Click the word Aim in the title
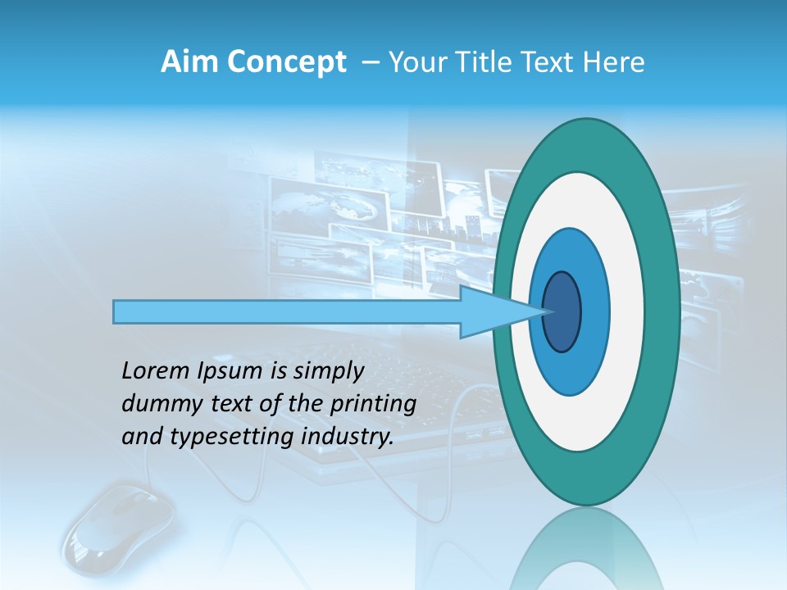pyautogui.click(x=184, y=61)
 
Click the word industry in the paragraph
pyautogui.click(x=344, y=438)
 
